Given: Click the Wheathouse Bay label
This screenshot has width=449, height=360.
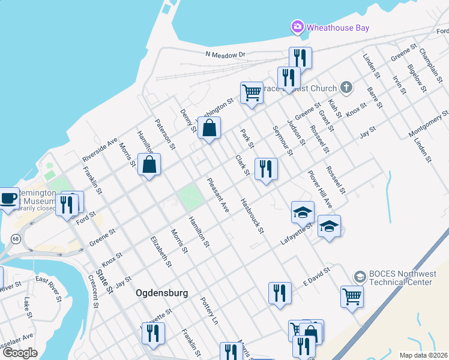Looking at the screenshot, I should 338,28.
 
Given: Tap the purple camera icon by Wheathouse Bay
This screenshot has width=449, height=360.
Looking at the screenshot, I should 297,27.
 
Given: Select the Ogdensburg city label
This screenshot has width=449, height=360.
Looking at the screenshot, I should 162,293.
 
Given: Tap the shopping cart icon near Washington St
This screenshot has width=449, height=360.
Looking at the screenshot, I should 252,92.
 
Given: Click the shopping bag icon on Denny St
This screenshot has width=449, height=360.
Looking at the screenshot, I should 209,128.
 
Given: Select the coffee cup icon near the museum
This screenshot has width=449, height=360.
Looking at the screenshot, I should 8,197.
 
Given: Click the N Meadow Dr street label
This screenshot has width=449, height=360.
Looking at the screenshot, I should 226,55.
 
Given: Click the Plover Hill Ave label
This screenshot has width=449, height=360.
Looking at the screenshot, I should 319,189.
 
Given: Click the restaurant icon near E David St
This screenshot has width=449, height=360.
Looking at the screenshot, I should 280,293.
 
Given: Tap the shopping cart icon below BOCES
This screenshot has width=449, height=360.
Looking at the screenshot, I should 352,295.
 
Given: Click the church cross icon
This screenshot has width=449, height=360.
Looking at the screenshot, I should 346,88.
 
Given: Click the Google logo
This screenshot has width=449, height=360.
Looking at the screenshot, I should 20,353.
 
